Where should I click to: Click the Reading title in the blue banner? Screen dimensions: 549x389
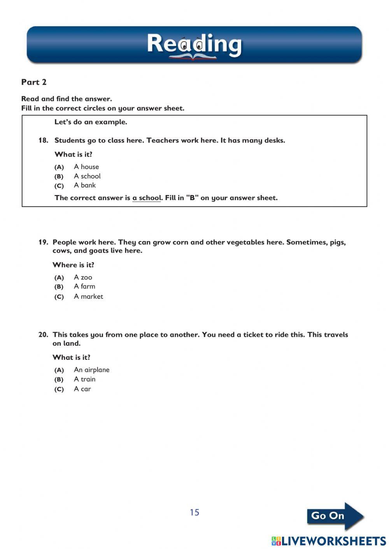tap(194, 44)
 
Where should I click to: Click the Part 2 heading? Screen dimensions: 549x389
tap(34, 82)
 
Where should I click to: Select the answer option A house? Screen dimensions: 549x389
tap(86, 167)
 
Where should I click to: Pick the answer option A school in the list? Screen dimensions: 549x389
tap(87, 176)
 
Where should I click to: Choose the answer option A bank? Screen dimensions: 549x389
tap(84, 185)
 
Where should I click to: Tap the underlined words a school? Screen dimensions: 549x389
tap(146, 198)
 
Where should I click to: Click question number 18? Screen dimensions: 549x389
tap(43, 140)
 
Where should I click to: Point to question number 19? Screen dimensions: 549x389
tap(43, 242)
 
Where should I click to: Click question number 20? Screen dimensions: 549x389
tap(43, 335)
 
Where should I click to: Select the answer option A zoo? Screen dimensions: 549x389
tap(83, 277)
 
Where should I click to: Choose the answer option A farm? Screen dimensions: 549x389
tap(84, 286)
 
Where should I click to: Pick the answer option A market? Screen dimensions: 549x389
tap(88, 296)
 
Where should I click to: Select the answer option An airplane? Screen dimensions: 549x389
tap(91, 370)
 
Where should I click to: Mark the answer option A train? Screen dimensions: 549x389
tap(84, 379)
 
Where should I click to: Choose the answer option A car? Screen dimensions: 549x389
tap(82, 389)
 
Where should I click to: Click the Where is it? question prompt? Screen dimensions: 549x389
tap(73, 265)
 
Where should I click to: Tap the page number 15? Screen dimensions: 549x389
tap(194, 512)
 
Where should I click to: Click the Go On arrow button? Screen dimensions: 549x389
tap(335, 516)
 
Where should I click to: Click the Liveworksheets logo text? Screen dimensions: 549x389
tap(329, 541)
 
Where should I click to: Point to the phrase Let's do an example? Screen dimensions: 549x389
tap(91, 122)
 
